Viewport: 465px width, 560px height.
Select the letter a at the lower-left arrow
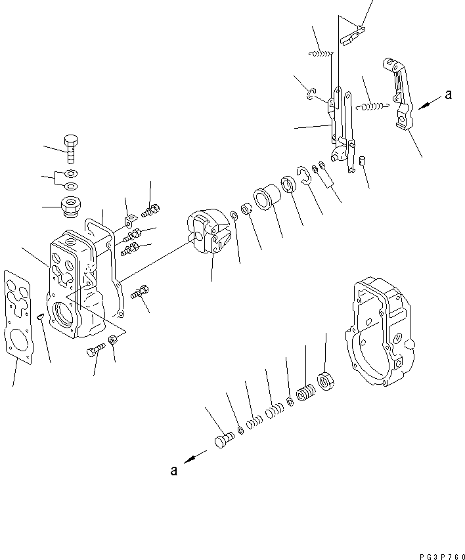pyautogui.click(x=174, y=470)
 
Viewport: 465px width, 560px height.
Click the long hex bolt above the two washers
pyautogui.click(x=71, y=147)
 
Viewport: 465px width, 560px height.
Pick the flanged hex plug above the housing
pyautogui.click(x=70, y=207)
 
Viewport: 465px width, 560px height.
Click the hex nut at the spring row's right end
pyautogui.click(x=325, y=381)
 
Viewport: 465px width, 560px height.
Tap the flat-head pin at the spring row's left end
pyautogui.click(x=223, y=439)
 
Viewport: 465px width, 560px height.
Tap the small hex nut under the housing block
pyautogui.click(x=112, y=339)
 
